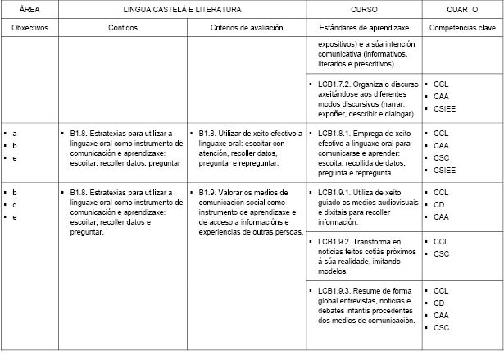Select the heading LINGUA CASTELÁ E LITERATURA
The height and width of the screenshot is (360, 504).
click(182, 9)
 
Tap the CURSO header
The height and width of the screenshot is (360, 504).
click(364, 9)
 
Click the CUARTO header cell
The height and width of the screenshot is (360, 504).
click(463, 9)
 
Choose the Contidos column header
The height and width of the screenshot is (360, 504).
click(123, 27)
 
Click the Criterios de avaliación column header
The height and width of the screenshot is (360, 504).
click(246, 27)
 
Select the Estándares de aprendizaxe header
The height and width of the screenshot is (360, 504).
click(364, 27)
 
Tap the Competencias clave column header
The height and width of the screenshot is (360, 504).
click(463, 27)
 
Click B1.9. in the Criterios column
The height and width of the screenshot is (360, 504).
click(208, 192)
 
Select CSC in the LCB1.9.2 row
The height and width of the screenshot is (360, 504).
click(441, 254)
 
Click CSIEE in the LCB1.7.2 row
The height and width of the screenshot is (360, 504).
click(444, 108)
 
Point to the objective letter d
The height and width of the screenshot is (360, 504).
click(15, 204)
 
